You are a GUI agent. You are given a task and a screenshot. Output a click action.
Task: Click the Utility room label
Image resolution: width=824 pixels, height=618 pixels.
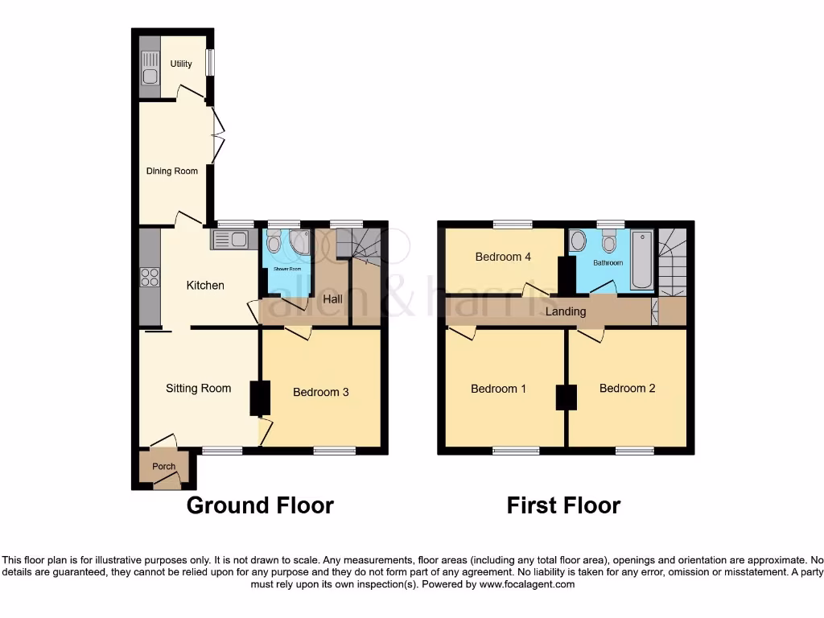pos(181,64)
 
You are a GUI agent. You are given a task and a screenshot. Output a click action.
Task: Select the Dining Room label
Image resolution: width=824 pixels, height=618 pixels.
pos(171,171)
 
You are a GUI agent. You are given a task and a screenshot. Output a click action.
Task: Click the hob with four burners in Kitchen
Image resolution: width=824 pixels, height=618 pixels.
pos(150,277)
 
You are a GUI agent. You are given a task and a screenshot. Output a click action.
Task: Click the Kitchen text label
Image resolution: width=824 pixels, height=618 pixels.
pos(205,285)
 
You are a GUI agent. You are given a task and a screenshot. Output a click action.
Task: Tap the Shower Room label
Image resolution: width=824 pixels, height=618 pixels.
pos(286,269)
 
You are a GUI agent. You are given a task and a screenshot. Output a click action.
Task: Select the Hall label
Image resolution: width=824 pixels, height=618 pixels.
pos(332,299)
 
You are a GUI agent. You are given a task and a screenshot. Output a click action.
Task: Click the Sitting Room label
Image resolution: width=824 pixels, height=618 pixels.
pos(198,388)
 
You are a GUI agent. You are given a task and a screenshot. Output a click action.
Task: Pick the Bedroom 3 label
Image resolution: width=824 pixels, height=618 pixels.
pos(320,392)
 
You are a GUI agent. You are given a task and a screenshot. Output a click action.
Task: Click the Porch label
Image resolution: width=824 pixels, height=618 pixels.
pos(164,466)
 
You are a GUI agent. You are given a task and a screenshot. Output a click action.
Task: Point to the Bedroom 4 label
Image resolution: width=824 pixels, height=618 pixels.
pos(503,257)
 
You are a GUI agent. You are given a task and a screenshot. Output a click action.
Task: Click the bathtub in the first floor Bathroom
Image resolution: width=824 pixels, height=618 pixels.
pos(642,259)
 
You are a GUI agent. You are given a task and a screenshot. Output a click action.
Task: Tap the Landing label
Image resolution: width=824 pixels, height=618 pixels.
pos(566,311)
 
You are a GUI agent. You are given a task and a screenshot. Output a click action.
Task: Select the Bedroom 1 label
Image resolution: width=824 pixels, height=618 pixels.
pos(498,389)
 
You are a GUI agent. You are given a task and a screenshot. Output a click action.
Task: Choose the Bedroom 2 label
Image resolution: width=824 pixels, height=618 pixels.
pos(627,388)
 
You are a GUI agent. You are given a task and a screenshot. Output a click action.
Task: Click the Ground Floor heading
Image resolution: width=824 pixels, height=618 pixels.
pos(260,505)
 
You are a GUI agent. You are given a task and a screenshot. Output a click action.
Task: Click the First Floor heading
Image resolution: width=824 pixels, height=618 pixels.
pos(563,505)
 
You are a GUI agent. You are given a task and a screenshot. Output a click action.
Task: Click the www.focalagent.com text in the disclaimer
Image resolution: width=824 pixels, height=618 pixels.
pos(526,584)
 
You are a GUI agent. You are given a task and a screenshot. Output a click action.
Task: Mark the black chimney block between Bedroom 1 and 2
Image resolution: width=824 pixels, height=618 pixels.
pos(566,397)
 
